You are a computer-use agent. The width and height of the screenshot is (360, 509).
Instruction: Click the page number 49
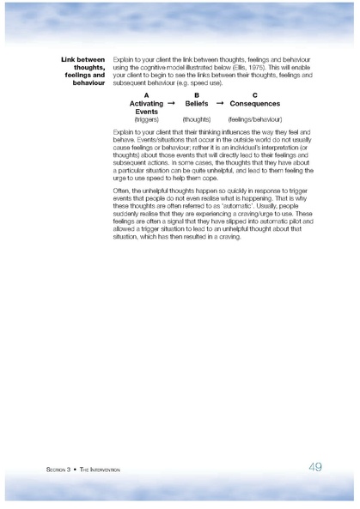click(315, 467)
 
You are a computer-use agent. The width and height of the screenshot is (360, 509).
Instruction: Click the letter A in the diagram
click(146, 95)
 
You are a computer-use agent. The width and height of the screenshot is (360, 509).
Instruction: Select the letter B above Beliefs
click(197, 95)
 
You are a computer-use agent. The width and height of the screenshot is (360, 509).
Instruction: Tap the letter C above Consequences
click(254, 95)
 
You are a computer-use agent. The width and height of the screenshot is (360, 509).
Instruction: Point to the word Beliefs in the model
click(197, 103)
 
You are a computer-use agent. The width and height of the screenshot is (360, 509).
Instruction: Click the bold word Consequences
click(255, 103)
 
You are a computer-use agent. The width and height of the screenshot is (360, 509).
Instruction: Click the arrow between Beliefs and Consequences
click(220, 103)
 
